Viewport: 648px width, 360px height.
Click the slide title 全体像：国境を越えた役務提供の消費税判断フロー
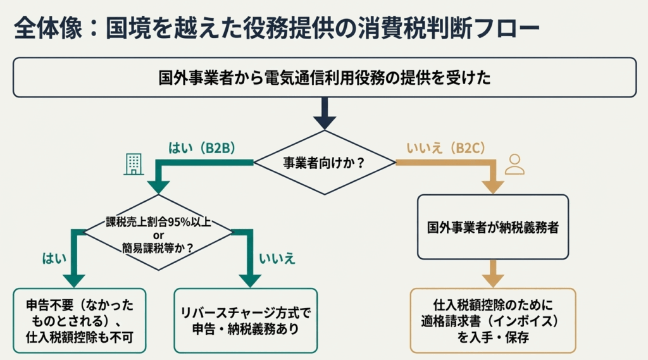pos(276,28)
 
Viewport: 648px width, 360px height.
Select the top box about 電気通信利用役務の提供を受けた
pos(324,78)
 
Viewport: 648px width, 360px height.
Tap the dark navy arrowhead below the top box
pos(324,120)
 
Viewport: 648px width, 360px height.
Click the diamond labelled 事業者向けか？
pos(324,163)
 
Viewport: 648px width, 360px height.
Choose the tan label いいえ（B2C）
pos(445,149)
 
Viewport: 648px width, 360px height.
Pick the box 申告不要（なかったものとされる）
pos(80,320)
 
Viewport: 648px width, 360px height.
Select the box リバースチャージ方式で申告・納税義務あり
pos(245,320)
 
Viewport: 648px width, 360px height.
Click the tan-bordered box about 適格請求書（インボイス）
pos(493,320)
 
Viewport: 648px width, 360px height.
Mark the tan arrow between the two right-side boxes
pos(493,275)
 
